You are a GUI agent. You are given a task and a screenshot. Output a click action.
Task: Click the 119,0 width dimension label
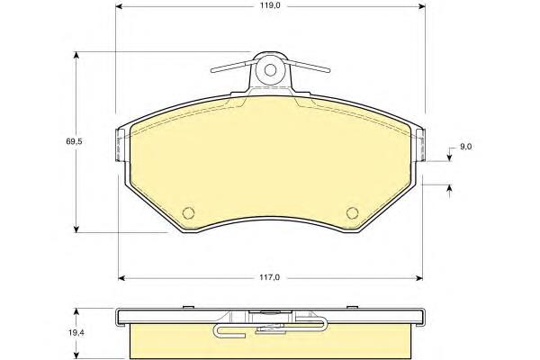pyautogui.click(x=270, y=6)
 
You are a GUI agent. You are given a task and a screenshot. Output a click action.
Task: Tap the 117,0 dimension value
pyautogui.click(x=270, y=277)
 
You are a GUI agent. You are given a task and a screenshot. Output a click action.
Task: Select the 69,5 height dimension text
pyautogui.click(x=74, y=141)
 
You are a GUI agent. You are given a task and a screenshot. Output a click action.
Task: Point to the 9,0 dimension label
pyautogui.click(x=465, y=147)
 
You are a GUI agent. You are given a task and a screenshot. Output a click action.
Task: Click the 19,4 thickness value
pyautogui.click(x=74, y=333)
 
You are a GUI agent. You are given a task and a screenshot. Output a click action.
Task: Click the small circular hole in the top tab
pyautogui.click(x=270, y=70)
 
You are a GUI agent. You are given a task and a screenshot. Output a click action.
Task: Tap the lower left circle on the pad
pyautogui.click(x=188, y=213)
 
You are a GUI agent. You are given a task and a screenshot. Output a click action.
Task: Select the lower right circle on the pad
pyautogui.click(x=352, y=213)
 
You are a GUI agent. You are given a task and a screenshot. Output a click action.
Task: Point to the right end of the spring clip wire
pyautogui.click(x=328, y=70)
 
